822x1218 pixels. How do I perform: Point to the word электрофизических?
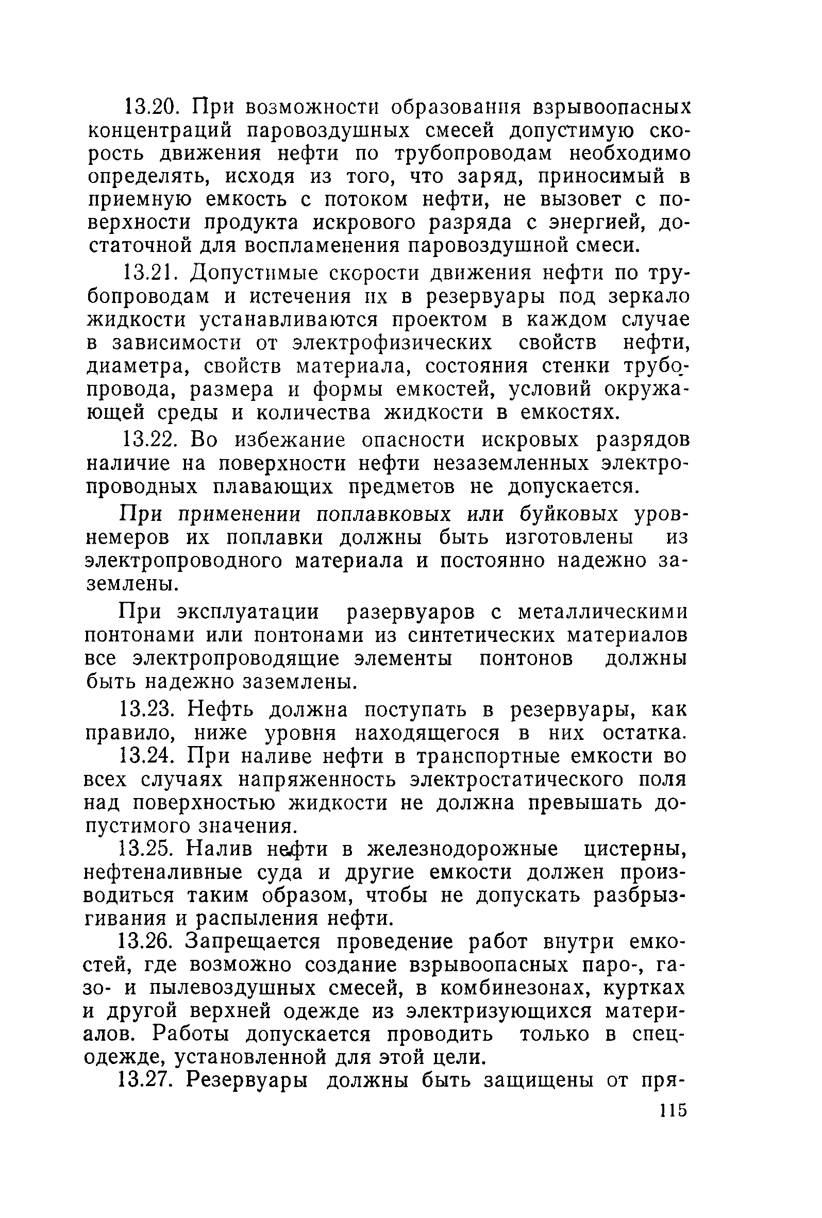click(393, 342)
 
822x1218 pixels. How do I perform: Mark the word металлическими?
click(602, 612)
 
